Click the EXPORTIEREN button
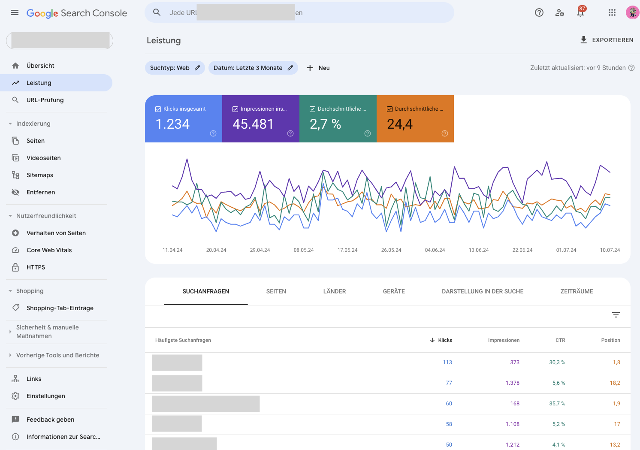point(607,40)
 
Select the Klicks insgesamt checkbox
point(158,109)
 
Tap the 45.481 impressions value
point(253,124)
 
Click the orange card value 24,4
point(399,124)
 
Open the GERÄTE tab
point(394,291)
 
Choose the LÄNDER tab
point(334,291)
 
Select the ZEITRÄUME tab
point(577,291)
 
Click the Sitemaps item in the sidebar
point(40,175)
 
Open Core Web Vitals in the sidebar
point(49,250)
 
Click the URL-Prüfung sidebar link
point(45,100)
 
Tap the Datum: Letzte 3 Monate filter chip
point(248,68)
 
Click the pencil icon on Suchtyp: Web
point(197,68)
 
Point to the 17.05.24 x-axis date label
point(347,250)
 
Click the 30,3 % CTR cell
point(557,362)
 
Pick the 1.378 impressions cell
point(512,383)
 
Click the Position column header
point(610,340)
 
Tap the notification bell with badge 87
point(580,13)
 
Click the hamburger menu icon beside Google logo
point(15,13)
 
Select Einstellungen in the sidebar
point(45,396)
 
